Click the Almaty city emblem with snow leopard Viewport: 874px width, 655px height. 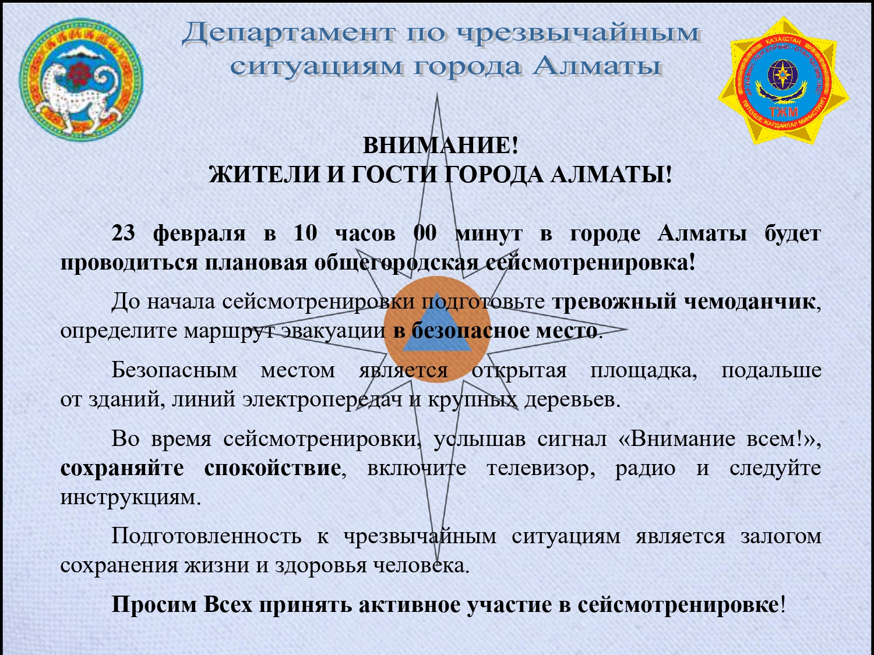(81, 80)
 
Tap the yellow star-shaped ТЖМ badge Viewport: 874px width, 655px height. (784, 81)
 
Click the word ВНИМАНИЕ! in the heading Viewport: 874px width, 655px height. (440, 146)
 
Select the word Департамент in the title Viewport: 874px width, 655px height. (290, 33)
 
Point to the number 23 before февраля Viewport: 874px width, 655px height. (123, 233)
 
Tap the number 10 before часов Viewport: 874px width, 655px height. (305, 233)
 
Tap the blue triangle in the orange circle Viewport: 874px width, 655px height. (437, 323)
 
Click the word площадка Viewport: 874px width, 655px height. (643, 371)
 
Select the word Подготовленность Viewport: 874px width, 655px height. (206, 537)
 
